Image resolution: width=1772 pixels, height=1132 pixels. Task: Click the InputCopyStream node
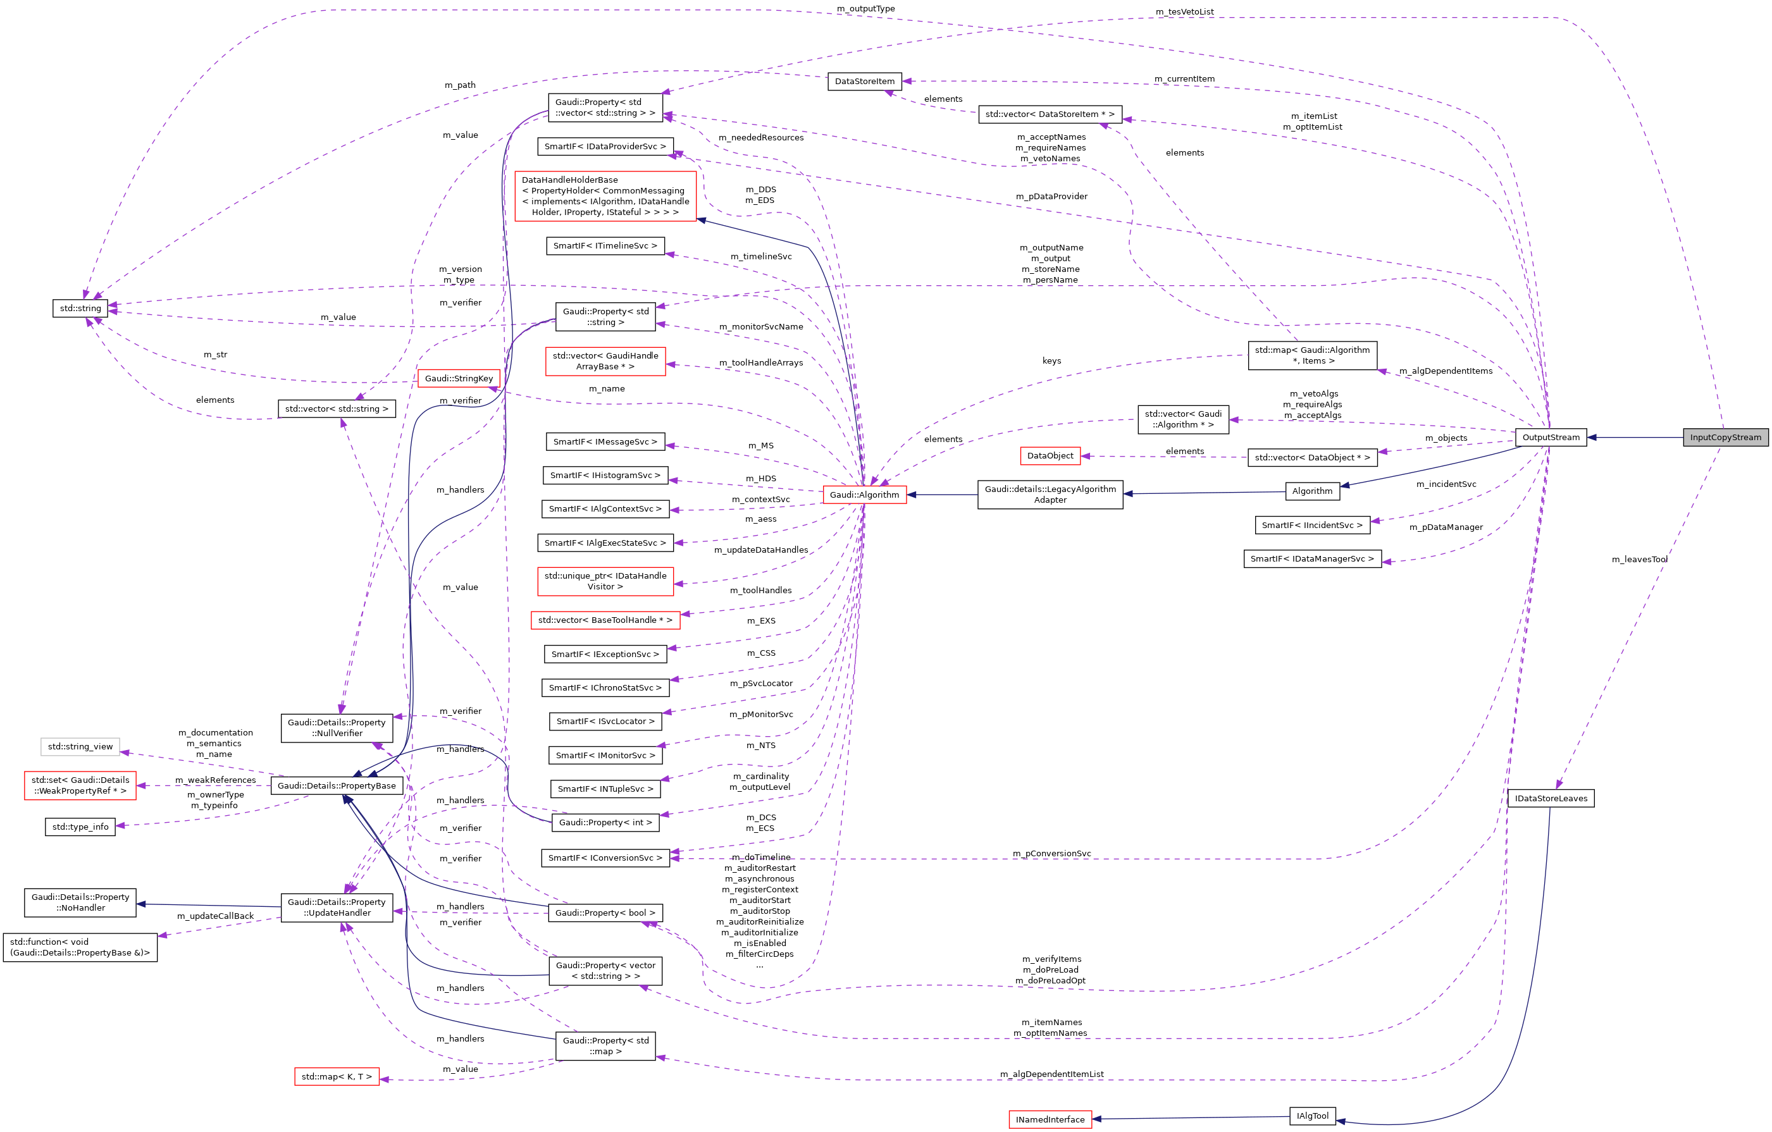pyautogui.click(x=1725, y=437)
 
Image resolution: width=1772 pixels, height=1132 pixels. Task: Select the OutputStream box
pyautogui.click(x=1551, y=437)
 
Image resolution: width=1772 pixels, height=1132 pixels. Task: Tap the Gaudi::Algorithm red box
pyautogui.click(x=864, y=495)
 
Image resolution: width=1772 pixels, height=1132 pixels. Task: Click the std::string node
pyautogui.click(x=80, y=308)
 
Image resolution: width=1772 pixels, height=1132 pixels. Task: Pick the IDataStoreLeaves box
pyautogui.click(x=1551, y=798)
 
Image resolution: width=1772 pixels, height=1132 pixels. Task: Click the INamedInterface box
pyautogui.click(x=1050, y=1119)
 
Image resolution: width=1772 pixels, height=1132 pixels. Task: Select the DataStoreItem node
pyautogui.click(x=865, y=81)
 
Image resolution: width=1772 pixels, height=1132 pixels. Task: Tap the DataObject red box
pyautogui.click(x=1050, y=456)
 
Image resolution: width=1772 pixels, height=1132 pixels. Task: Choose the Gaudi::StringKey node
pyautogui.click(x=459, y=378)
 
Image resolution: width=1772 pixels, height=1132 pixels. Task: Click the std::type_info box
pyautogui.click(x=80, y=827)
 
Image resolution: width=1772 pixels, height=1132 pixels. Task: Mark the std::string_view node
pyautogui.click(x=80, y=747)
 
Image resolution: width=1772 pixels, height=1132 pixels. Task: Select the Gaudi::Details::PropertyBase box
pyautogui.click(x=337, y=785)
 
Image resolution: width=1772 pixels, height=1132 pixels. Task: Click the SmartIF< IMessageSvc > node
pyautogui.click(x=605, y=441)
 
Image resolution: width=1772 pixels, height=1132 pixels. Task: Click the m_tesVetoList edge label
pyautogui.click(x=1184, y=12)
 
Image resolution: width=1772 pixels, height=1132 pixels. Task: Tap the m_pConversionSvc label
pyautogui.click(x=1051, y=853)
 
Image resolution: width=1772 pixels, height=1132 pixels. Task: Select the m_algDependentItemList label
pyautogui.click(x=1051, y=1074)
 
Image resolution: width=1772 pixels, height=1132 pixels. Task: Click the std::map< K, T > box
pyautogui.click(x=337, y=1077)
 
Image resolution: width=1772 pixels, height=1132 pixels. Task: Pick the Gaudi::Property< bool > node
pyautogui.click(x=605, y=913)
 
